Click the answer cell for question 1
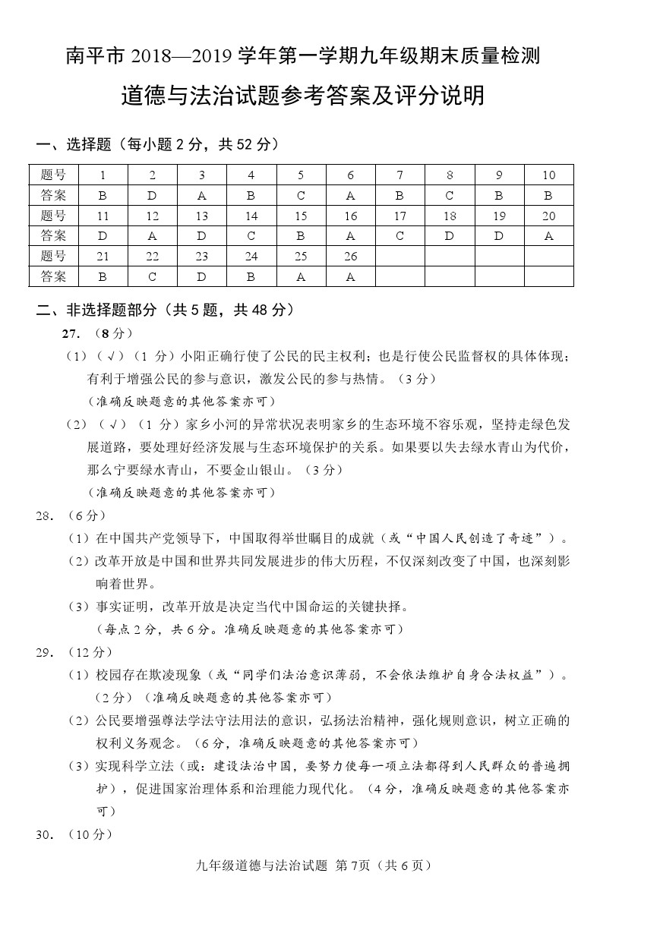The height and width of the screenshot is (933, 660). (103, 195)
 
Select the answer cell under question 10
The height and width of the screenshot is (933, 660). (548, 195)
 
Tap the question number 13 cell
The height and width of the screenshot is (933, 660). (201, 216)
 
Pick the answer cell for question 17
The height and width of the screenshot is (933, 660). (399, 236)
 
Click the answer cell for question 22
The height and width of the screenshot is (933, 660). (152, 277)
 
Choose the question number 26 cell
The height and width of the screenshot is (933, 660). (350, 257)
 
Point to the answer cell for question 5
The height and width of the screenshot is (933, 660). (301, 195)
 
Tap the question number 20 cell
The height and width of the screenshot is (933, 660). (548, 216)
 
